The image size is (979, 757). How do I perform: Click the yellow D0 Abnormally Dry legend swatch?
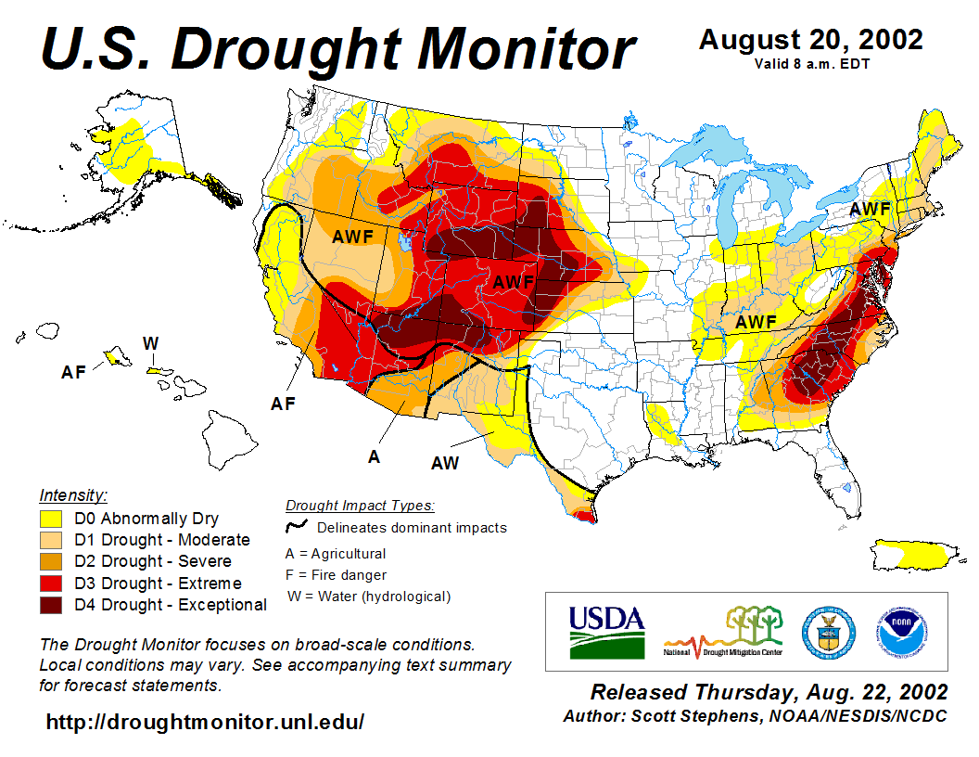50,519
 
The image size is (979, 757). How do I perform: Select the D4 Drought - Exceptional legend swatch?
50,605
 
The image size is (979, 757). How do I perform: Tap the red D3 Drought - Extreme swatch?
50,584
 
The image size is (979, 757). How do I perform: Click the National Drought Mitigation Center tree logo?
724,631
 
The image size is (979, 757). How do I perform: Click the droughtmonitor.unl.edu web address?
205,721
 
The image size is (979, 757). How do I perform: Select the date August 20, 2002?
810,40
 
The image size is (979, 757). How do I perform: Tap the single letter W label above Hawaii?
150,343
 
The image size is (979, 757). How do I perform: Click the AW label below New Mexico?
445,463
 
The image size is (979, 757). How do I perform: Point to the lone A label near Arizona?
374,456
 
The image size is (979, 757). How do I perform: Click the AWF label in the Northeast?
870,210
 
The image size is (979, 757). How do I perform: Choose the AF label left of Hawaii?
74,372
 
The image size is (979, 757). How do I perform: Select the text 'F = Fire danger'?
337,575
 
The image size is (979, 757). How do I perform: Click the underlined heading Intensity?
73,494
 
